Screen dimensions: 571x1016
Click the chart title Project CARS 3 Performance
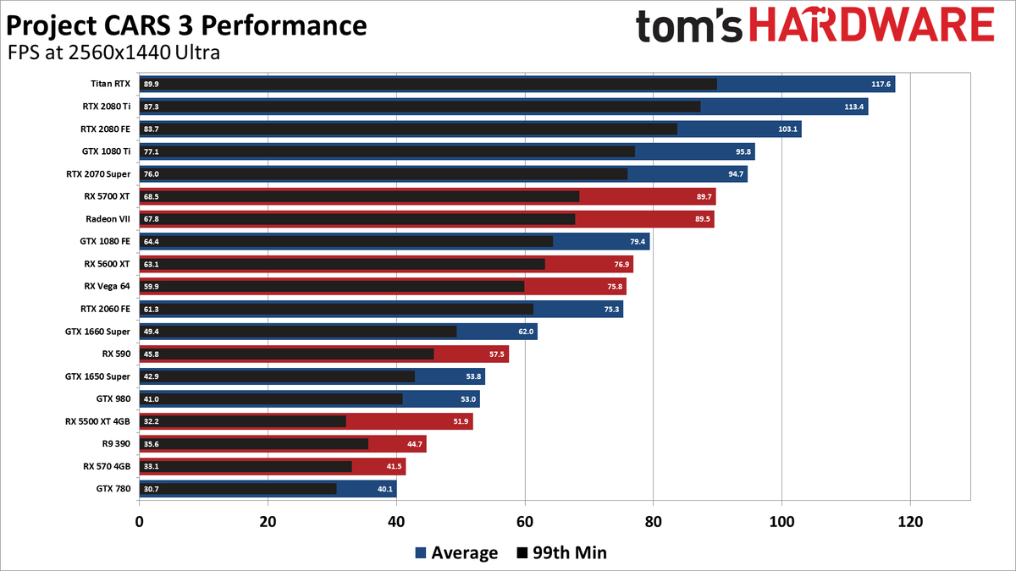coord(186,25)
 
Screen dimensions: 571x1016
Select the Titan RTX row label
coord(110,84)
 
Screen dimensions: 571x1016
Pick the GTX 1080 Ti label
coord(106,151)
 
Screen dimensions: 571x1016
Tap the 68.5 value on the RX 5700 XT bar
coord(152,196)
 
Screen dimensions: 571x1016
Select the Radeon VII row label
coord(108,219)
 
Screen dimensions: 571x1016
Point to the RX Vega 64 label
coord(108,286)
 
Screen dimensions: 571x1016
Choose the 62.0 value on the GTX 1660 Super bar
coord(525,332)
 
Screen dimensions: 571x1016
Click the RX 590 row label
coord(116,354)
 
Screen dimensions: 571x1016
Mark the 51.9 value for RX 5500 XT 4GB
coord(460,421)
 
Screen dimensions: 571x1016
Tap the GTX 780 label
coord(113,488)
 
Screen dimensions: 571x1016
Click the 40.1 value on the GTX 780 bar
coord(384,488)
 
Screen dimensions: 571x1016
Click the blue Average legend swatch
coord(420,553)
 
